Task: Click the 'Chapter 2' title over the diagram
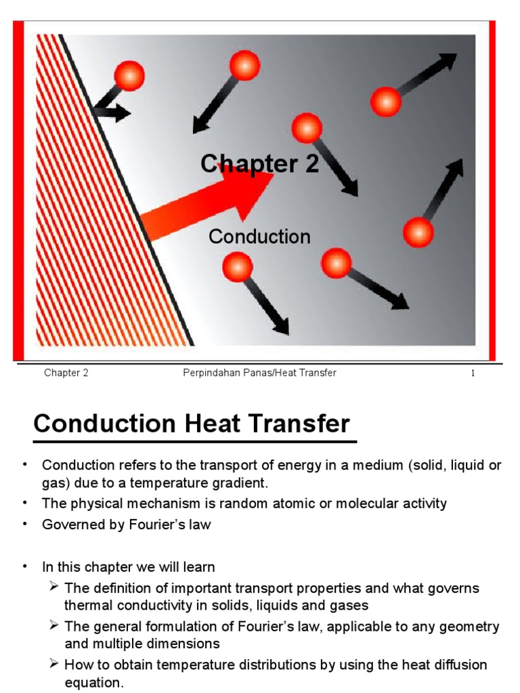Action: tap(259, 164)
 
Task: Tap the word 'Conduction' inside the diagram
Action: tap(259, 237)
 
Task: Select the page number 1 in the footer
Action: tap(473, 374)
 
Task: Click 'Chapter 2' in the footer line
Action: tap(66, 374)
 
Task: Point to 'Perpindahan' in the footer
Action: tap(210, 374)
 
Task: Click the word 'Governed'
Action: tap(70, 525)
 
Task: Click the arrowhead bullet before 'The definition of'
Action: tap(55, 587)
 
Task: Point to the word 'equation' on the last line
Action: tap(92, 682)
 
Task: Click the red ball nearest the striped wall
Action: tap(129, 75)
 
